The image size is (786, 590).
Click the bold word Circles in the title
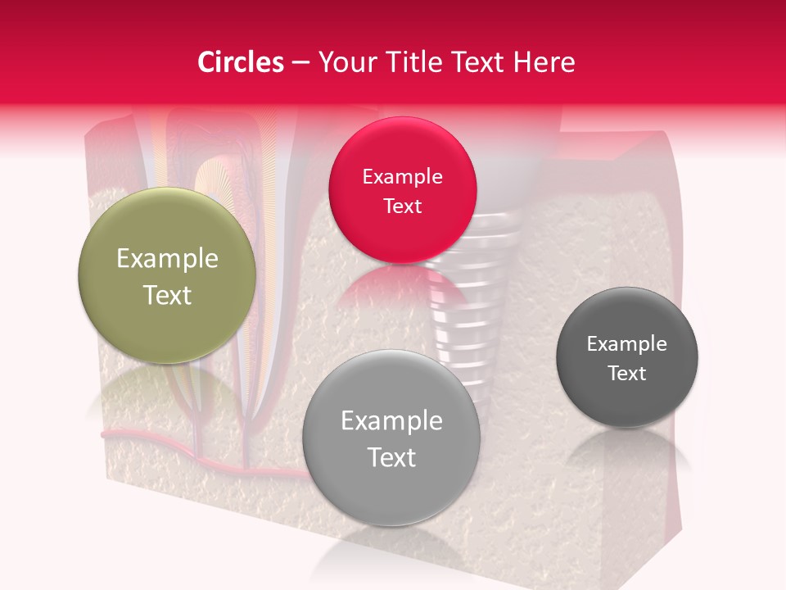click(241, 62)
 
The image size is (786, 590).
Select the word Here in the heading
click(545, 62)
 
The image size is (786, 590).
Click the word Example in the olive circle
click(167, 259)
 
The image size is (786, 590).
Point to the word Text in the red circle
click(402, 206)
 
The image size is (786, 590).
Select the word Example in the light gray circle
click(391, 421)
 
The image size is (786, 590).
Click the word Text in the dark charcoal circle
click(627, 374)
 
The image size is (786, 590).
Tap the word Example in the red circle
click(402, 176)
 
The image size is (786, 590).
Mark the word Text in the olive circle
click(167, 295)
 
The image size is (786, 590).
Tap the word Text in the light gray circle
click(391, 457)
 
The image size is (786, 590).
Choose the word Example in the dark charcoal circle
click(627, 343)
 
